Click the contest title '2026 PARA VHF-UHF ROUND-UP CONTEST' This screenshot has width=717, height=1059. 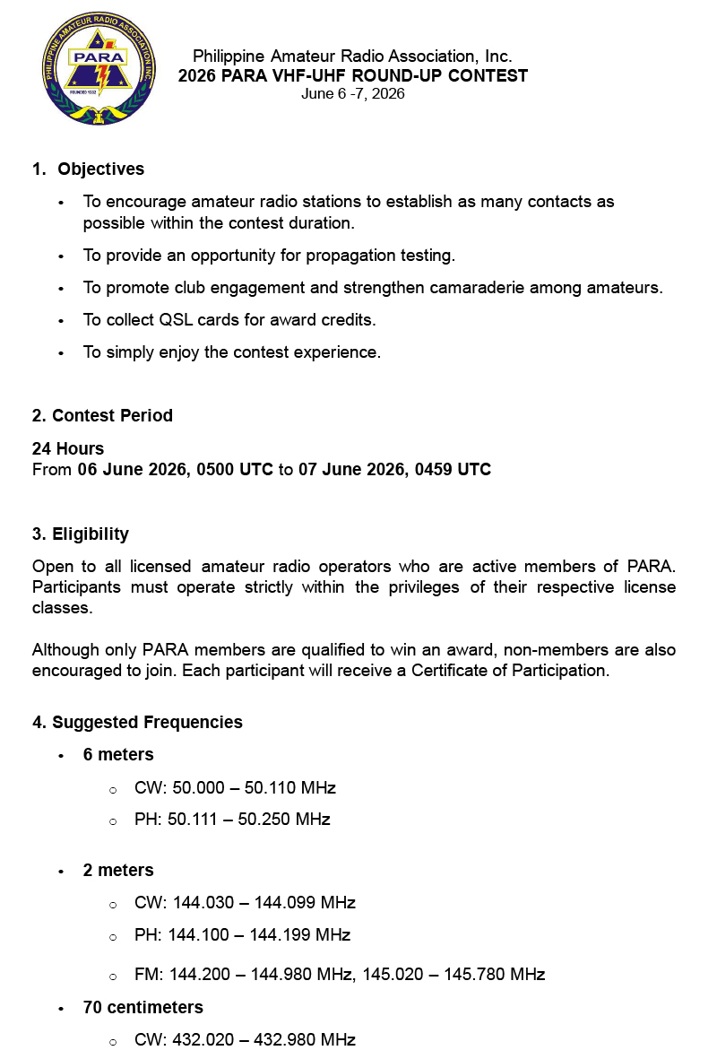pos(352,76)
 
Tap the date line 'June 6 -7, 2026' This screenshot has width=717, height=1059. pos(352,93)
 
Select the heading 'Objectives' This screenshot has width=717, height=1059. pos(101,169)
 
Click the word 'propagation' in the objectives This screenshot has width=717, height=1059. pos(350,256)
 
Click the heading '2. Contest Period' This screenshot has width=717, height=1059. pos(102,415)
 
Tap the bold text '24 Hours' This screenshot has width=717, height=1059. pos(68,448)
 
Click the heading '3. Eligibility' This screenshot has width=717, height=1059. pos(81,534)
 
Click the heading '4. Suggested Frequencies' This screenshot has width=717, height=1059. pos(137,722)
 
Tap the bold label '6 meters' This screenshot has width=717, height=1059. pos(118,755)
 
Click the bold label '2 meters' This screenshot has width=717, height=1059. pos(118,870)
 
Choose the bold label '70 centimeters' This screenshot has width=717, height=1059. pos(143,1007)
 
